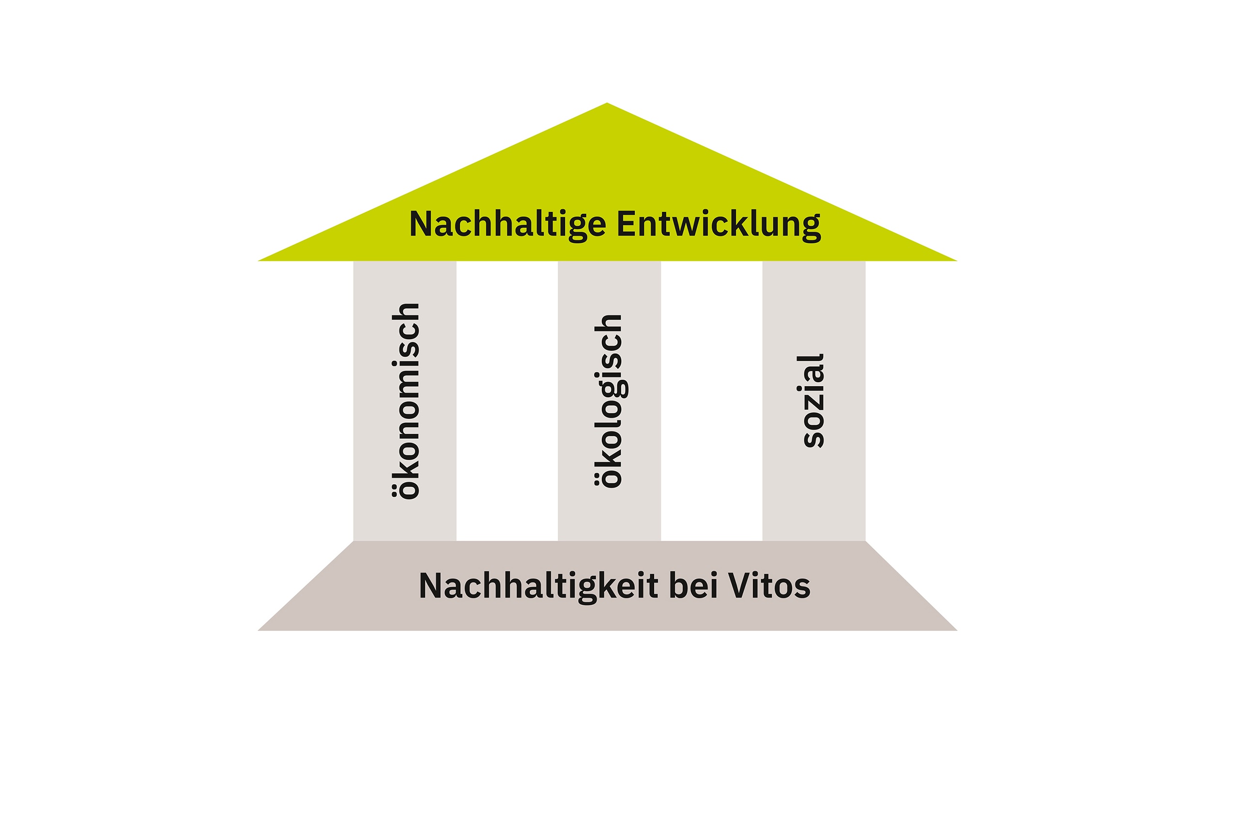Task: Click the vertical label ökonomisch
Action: (x=406, y=401)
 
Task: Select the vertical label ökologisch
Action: (x=611, y=401)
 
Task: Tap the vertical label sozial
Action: (x=810, y=401)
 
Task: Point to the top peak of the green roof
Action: (x=607, y=103)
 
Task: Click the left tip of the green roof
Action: (x=258, y=260)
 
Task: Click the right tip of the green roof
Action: (x=957, y=260)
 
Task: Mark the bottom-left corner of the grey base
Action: (x=258, y=630)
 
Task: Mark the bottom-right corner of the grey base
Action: (x=957, y=630)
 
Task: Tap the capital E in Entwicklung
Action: (x=627, y=224)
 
